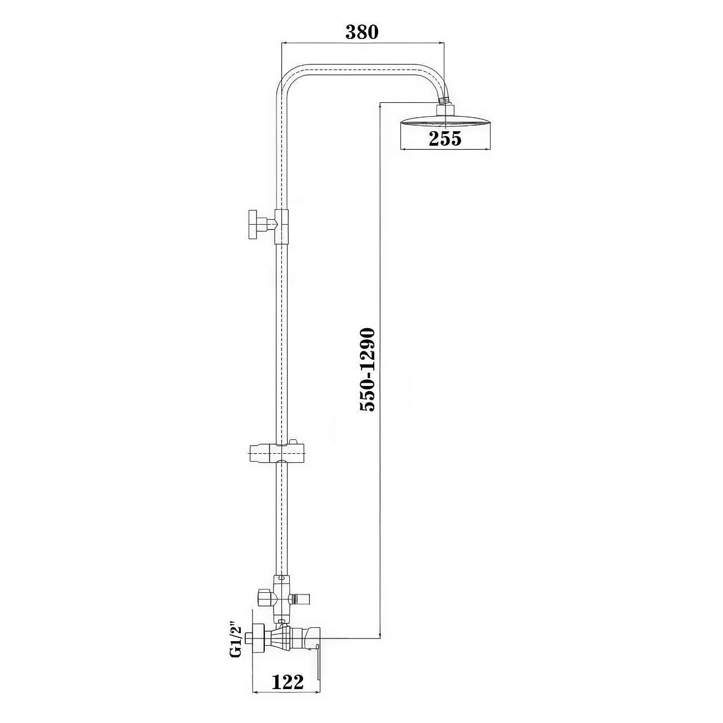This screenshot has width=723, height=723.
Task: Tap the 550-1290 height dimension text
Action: tap(367, 370)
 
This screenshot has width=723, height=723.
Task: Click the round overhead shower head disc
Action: tap(445, 122)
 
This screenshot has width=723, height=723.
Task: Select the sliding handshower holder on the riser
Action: tap(277, 454)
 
